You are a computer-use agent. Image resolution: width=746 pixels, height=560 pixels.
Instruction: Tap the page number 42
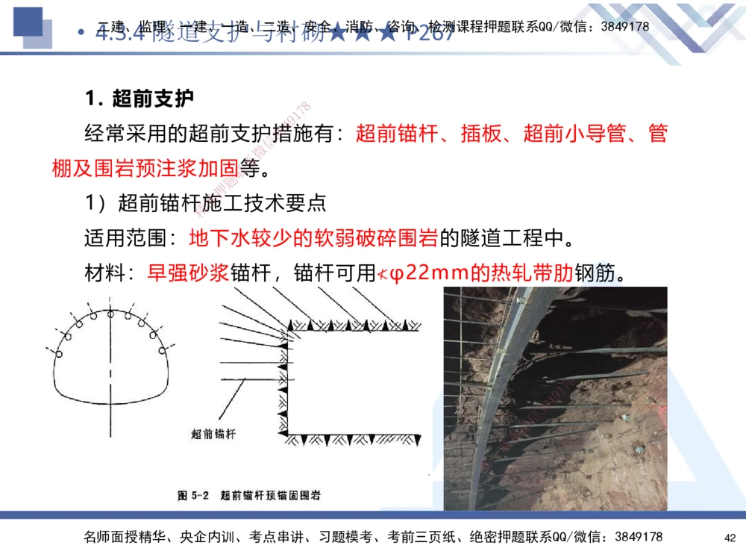730,538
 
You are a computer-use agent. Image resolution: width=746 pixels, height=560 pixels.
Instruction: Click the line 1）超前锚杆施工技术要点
205,203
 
